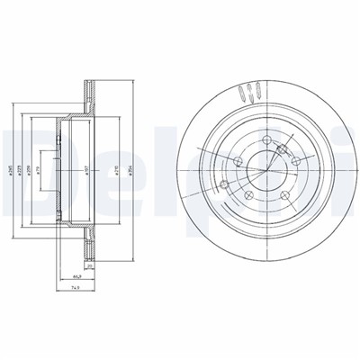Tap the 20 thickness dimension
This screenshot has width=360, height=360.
pos(90,266)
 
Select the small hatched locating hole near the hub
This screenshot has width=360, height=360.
pos(282,151)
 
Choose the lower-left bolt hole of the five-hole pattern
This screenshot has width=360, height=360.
pos(246,195)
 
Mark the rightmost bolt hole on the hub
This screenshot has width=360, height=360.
pos(294,160)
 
